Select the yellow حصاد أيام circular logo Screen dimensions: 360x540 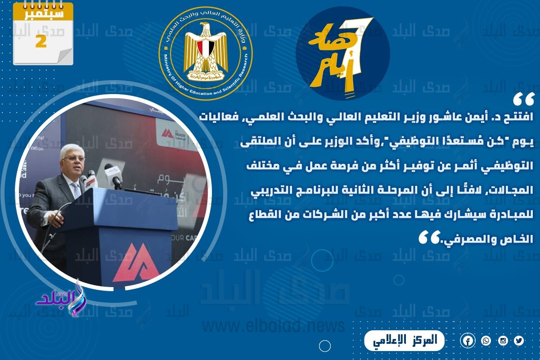pos(342,53)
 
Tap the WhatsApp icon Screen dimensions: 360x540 pos(486,341)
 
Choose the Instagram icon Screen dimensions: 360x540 pos(503,341)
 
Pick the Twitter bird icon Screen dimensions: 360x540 pos(519,341)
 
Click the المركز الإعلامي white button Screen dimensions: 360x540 pos(404,341)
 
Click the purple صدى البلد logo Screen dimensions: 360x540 pos(61,297)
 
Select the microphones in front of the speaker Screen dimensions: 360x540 pos(101,175)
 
